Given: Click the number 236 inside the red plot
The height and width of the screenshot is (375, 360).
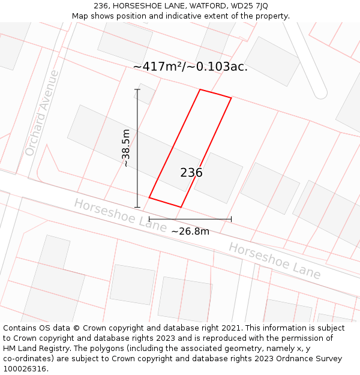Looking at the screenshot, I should coord(191,173).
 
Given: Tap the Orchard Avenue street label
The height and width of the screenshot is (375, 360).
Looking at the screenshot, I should coord(42,113).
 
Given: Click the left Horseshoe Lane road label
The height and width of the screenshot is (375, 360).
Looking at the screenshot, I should coord(120,215).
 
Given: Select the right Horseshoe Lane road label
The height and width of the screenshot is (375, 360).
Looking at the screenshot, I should coord(274,260).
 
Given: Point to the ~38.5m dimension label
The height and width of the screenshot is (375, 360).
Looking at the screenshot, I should coord(126,148).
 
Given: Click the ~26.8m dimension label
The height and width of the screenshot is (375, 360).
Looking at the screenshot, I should coord(190,231).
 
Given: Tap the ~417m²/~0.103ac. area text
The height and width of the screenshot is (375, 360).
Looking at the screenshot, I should coord(190,67).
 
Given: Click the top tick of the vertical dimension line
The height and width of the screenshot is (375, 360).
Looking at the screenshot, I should coord(137,89).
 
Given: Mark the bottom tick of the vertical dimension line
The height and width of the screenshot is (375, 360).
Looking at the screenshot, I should coord(137,208).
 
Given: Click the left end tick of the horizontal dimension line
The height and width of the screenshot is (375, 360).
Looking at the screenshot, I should coord(149,219).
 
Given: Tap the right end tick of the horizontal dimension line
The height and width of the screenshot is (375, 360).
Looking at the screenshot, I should coord(231,219).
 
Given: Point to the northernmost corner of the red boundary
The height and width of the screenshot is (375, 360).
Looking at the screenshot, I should coord(200,90).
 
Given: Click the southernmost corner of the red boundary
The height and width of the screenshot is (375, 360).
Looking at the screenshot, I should coord(181,208).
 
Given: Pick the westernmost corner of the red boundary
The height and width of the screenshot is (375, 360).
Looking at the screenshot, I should coord(149,197).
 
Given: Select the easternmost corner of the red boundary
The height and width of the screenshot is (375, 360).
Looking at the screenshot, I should coord(231,98).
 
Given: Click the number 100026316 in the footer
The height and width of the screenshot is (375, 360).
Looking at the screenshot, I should coord(24,368).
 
